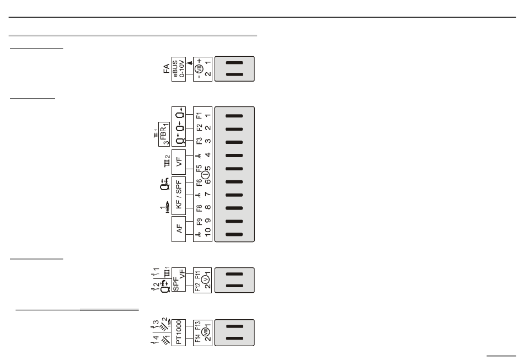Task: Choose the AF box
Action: point(180,228)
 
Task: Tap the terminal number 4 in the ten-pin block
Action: point(207,155)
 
